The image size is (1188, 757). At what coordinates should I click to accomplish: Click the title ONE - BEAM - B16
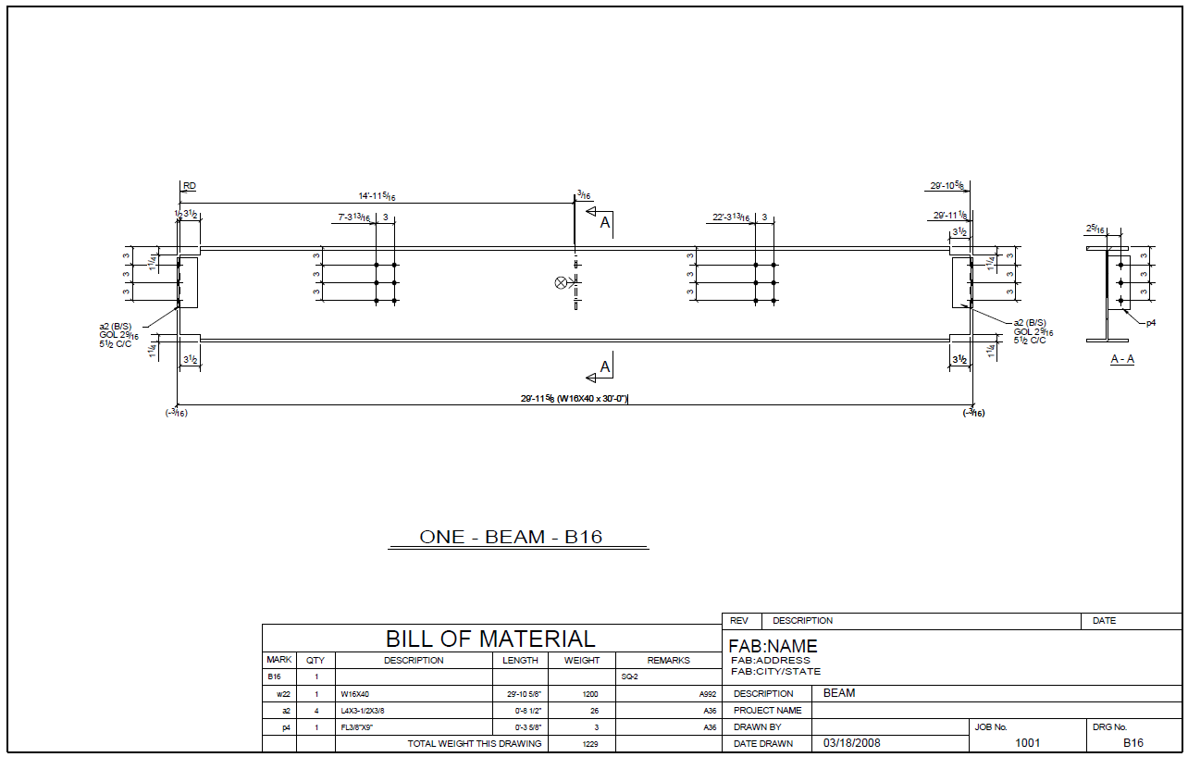click(x=511, y=537)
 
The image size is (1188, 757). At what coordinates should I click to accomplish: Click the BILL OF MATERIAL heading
click(x=490, y=639)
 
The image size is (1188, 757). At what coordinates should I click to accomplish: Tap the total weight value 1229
click(x=582, y=744)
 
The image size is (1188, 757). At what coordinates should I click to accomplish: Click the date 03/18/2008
click(x=852, y=743)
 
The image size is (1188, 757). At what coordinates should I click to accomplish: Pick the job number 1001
click(x=1028, y=743)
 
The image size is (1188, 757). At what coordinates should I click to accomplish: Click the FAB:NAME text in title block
click(x=773, y=646)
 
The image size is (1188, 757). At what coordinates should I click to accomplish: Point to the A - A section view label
click(x=1122, y=359)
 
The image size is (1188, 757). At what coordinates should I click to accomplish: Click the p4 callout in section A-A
click(x=1151, y=324)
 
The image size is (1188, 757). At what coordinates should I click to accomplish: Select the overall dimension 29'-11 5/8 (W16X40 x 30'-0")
click(x=574, y=399)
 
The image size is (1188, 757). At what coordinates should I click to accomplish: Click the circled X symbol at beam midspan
click(x=560, y=282)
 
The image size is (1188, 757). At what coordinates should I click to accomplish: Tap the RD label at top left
click(x=189, y=186)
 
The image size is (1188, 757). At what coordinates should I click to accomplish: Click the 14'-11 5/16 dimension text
click(x=377, y=196)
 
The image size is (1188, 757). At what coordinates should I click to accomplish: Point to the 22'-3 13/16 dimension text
click(x=731, y=217)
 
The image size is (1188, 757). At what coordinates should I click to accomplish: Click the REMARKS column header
click(x=668, y=661)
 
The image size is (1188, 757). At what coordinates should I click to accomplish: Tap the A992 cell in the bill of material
click(x=708, y=694)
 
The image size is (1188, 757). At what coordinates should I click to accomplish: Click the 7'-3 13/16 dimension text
click(x=354, y=218)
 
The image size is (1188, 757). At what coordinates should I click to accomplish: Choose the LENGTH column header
click(x=520, y=661)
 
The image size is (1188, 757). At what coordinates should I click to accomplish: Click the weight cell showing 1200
click(x=582, y=694)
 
